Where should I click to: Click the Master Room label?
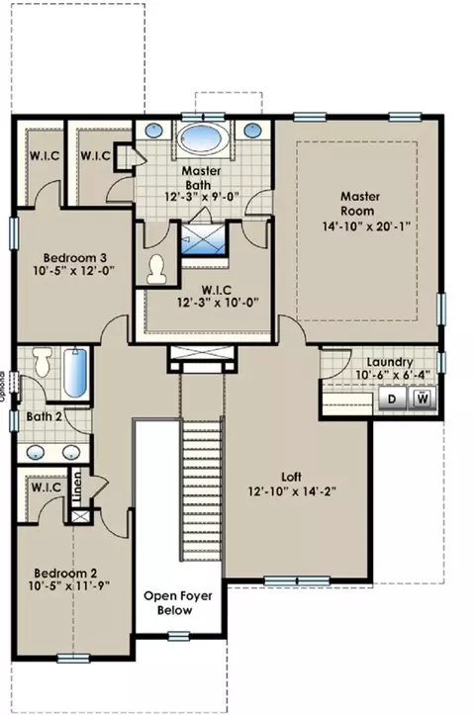click(360, 204)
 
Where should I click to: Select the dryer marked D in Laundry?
click(392, 399)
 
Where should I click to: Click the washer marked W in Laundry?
click(423, 399)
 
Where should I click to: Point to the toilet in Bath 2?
click(43, 361)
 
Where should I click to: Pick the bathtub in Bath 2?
click(75, 372)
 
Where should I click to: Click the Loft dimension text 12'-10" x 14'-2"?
click(292, 492)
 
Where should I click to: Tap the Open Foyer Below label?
click(178, 603)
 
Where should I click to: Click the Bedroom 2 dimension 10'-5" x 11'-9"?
click(70, 585)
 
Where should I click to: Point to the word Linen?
click(77, 487)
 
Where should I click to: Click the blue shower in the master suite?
click(204, 239)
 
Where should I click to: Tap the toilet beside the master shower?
click(156, 269)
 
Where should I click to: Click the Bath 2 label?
click(44, 416)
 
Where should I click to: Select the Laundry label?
click(390, 362)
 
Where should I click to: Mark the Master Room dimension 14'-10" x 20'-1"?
click(367, 226)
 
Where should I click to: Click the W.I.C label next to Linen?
click(47, 488)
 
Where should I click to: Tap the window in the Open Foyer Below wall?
click(178, 636)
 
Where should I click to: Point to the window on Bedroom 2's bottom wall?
click(73, 657)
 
